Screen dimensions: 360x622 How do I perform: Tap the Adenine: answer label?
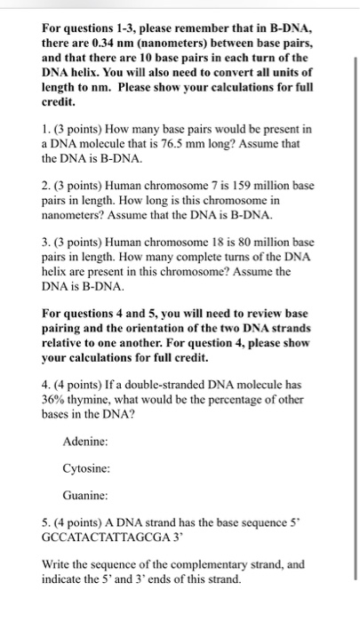click(85, 442)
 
